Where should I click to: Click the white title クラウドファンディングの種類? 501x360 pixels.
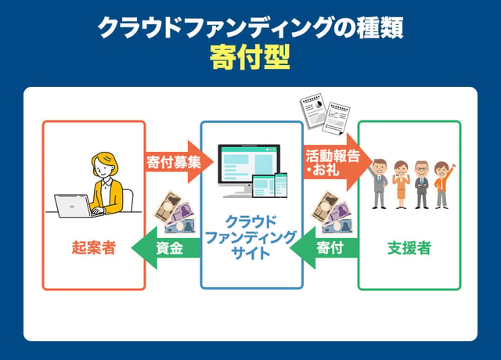click(250, 28)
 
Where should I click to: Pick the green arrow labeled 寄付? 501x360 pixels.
click(325, 249)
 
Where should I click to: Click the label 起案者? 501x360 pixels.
click(93, 249)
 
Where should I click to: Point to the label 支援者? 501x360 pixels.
click(409, 249)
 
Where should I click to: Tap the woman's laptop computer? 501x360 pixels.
click(73, 205)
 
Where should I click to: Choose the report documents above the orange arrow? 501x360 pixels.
click(325, 117)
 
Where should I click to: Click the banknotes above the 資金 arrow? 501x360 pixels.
click(173, 213)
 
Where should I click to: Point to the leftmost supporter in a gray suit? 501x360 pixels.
click(380, 182)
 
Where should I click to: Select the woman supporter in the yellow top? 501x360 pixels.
click(401, 184)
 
